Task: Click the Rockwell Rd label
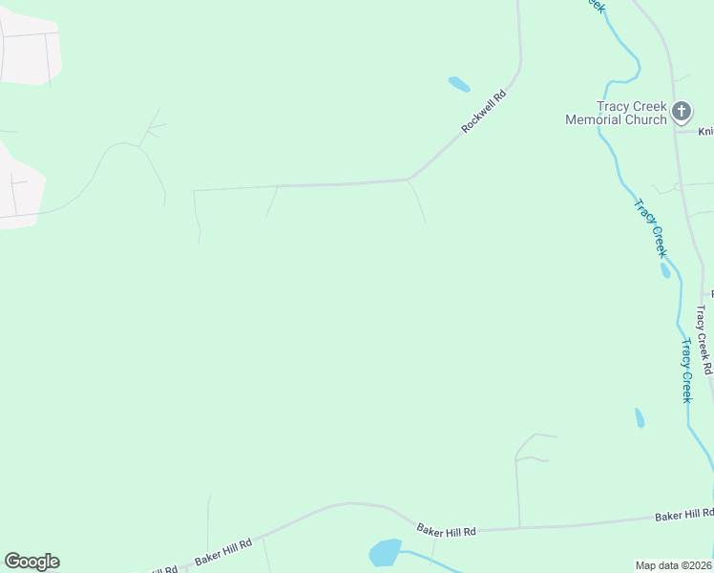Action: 482,111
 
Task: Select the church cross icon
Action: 682,112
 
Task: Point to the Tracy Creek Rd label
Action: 704,339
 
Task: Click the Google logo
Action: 31,562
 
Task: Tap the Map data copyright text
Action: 674,564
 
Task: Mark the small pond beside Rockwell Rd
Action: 459,84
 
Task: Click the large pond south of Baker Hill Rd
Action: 386,553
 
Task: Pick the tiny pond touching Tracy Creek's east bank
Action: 665,270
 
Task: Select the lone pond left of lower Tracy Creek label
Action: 640,418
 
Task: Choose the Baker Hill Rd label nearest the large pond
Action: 447,529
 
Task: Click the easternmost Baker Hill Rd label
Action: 683,515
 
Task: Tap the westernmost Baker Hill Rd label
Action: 223,549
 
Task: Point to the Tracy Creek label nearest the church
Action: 649,227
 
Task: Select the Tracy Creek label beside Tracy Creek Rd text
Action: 685,371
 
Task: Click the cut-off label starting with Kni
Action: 705,131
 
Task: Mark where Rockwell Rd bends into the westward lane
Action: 409,179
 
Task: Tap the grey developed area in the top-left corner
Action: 29,53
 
